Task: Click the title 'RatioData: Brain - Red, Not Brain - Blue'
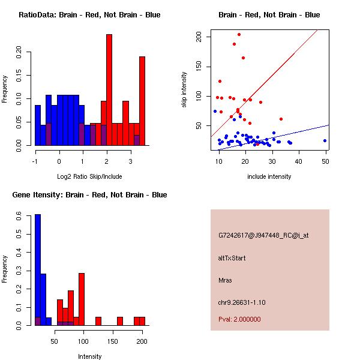[89, 15]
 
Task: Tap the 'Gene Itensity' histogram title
[91, 195]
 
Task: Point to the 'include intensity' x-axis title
[269, 176]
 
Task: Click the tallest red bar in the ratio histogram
[109, 90]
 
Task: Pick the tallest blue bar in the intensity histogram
[37, 270]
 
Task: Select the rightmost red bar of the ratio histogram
[142, 101]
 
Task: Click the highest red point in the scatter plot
[239, 34]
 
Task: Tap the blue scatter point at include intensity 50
[325, 140]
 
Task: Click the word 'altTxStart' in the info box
[232, 258]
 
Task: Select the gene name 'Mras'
[225, 280]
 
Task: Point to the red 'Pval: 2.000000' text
[239, 319]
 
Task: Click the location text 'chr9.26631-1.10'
[242, 302]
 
